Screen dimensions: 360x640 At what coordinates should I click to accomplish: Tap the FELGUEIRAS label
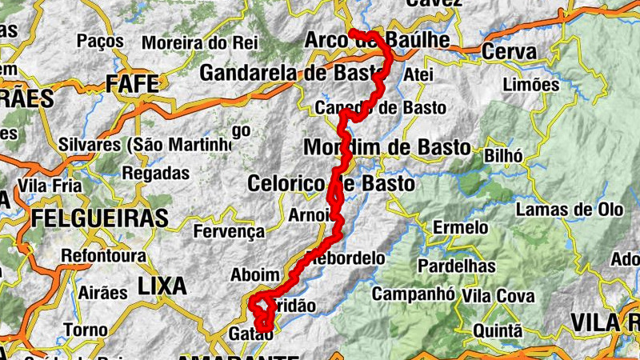coord(100,218)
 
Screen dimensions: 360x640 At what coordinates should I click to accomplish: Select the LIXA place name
coord(162,286)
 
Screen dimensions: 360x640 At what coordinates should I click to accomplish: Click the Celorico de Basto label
coord(331,183)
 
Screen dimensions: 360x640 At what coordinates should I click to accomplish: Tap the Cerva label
coord(510,52)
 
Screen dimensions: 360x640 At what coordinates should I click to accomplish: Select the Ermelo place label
coord(460,228)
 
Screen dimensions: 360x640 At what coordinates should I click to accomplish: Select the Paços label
coord(100,40)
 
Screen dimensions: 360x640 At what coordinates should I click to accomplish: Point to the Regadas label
coord(156,172)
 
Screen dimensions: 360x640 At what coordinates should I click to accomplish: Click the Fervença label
coord(230,232)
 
